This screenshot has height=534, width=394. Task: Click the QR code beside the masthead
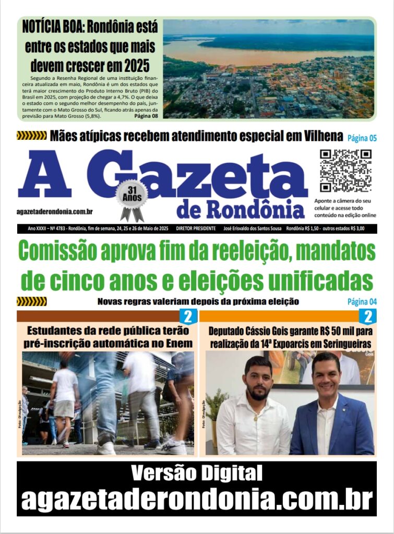pyautogui.click(x=345, y=171)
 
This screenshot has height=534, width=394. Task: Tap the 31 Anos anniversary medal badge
pyautogui.click(x=132, y=197)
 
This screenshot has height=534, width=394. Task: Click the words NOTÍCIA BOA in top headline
pyautogui.click(x=51, y=27)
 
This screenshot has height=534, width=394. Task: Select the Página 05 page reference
pyautogui.click(x=362, y=138)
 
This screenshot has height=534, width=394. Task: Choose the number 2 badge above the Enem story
pyautogui.click(x=187, y=316)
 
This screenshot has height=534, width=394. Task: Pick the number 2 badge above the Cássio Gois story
pyautogui.click(x=367, y=316)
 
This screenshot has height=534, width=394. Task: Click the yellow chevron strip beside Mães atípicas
pyautogui.click(x=32, y=136)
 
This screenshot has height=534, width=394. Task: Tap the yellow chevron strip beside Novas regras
pyautogui.click(x=32, y=301)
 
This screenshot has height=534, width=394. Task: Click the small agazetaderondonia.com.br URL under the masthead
pyautogui.click(x=55, y=211)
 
